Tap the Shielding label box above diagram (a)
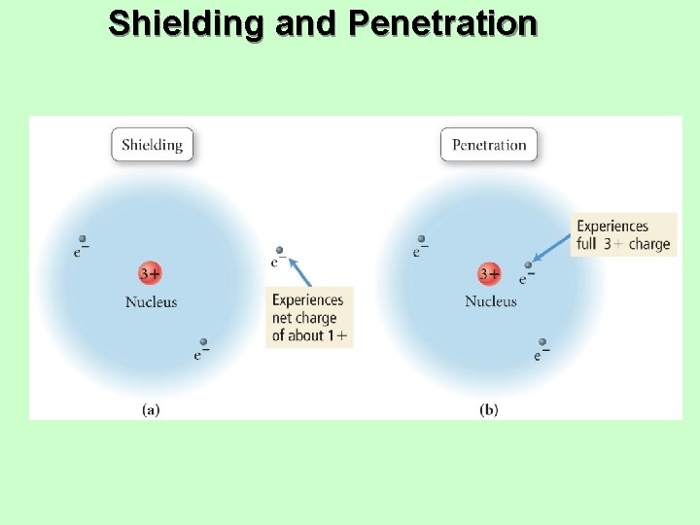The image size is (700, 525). [x=152, y=145]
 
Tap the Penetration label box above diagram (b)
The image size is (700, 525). [x=489, y=145]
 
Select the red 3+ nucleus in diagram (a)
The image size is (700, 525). [x=149, y=274]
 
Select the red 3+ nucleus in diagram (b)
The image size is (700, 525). [x=489, y=274]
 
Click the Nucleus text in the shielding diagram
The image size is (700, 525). [x=151, y=302]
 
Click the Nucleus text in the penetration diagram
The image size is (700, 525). [x=491, y=302]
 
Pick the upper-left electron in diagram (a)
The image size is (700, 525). [x=83, y=239]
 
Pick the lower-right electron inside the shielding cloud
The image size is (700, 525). [x=203, y=343]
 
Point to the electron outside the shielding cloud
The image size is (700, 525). [x=280, y=251]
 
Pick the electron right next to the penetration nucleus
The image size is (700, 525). [x=529, y=264]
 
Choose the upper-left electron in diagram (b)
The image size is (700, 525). [x=421, y=239]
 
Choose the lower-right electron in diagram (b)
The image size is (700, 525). [x=542, y=343]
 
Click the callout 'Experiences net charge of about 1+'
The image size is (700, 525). [x=309, y=318]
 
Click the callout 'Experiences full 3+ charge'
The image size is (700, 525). [x=623, y=235]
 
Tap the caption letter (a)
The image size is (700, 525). [x=151, y=409]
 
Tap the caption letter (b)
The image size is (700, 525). [x=489, y=409]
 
